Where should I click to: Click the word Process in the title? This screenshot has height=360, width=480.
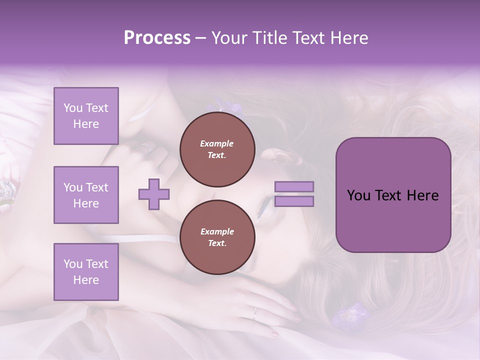[x=157, y=38]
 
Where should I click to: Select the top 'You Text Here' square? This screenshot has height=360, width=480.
[x=86, y=116]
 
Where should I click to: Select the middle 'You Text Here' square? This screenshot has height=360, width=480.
[x=86, y=195]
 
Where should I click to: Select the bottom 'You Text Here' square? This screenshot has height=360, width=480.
[x=86, y=271]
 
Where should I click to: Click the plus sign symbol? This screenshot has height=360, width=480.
[x=154, y=194]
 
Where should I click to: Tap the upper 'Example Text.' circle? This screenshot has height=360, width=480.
[x=216, y=149]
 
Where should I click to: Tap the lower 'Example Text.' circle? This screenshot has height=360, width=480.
[x=216, y=237]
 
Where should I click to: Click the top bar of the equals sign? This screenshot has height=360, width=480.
[x=294, y=187]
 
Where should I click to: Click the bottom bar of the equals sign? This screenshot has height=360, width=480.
[x=294, y=201]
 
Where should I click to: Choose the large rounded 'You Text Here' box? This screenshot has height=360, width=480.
[x=393, y=195]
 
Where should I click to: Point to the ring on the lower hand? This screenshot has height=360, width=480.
[x=255, y=313]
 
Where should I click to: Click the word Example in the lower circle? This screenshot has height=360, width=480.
[x=216, y=231]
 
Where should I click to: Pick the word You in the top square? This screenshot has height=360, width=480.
[x=73, y=108]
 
